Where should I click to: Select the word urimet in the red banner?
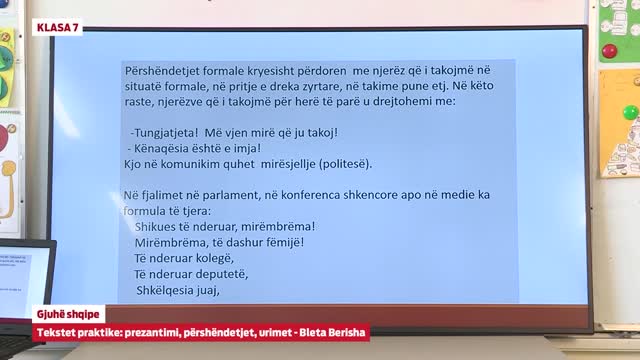tap(271, 330)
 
